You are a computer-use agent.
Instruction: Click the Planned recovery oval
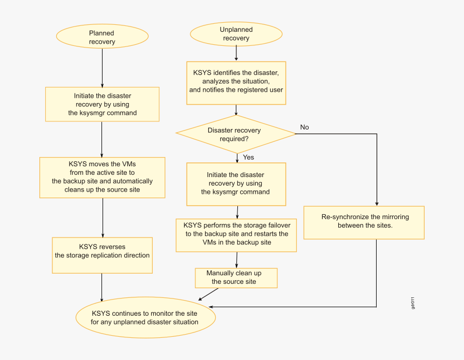(102, 37)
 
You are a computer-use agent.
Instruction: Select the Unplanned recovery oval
(236, 34)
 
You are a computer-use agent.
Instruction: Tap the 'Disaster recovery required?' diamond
(236, 134)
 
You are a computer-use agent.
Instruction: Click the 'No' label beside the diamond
(304, 127)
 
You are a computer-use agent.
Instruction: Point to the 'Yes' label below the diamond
(248, 157)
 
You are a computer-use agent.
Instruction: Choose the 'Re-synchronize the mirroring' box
(365, 221)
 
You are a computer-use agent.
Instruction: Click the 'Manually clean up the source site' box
(236, 277)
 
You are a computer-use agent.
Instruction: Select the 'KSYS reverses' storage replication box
(102, 252)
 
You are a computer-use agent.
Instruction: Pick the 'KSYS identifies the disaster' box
(236, 81)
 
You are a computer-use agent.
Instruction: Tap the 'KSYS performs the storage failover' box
(236, 234)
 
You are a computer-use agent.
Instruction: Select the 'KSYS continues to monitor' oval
(145, 317)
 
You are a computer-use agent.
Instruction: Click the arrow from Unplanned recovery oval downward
(236, 52)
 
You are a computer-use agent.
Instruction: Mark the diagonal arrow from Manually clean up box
(208, 294)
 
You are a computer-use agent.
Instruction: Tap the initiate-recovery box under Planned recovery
(102, 104)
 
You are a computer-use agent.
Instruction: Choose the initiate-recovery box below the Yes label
(236, 184)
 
